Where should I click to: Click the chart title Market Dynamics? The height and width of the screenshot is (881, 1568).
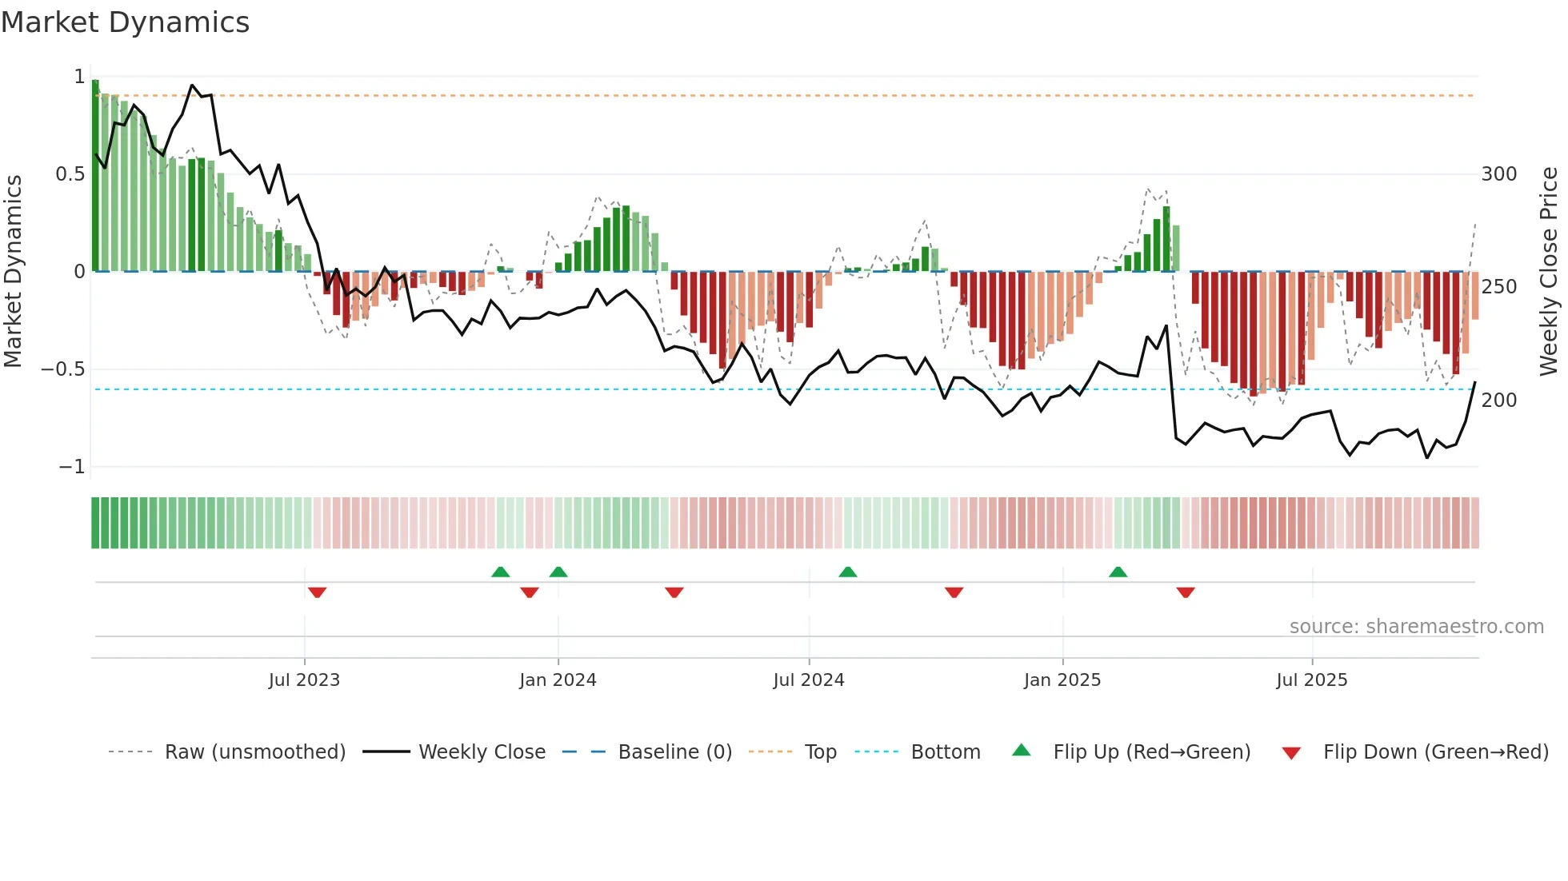[125, 22]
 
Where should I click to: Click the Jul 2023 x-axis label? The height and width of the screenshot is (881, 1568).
[304, 680]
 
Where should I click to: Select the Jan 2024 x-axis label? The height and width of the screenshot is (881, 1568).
[558, 680]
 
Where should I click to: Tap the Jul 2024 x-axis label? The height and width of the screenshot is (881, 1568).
[808, 680]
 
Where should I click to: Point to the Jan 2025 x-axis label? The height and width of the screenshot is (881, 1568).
[1062, 680]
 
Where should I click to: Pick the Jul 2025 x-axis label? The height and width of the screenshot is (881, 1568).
[1311, 680]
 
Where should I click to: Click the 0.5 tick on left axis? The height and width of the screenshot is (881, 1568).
[70, 174]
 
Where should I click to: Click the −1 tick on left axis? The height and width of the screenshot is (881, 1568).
[71, 467]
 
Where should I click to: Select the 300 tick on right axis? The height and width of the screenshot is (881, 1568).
[1498, 174]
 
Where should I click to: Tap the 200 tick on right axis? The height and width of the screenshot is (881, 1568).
[1498, 401]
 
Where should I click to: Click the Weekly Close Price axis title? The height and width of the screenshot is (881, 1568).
[1549, 272]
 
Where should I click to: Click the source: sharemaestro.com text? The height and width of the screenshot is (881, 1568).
[1416, 627]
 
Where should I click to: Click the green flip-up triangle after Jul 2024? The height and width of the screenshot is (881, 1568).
[847, 572]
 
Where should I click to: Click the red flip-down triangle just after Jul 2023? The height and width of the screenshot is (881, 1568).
[317, 592]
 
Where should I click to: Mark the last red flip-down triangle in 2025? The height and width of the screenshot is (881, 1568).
[1185, 592]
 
